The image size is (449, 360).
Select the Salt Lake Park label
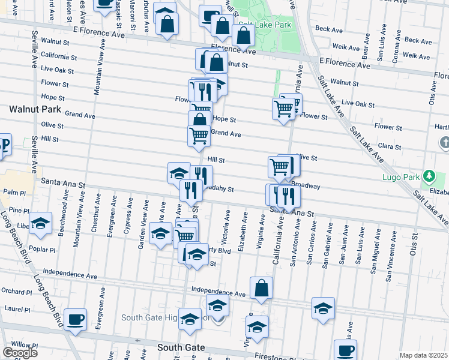tap(265, 25)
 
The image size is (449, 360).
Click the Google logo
tap(20, 353)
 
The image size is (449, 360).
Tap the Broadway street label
tap(306, 186)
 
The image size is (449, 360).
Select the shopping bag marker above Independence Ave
tap(262, 289)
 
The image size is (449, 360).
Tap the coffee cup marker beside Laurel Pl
tap(75, 319)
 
